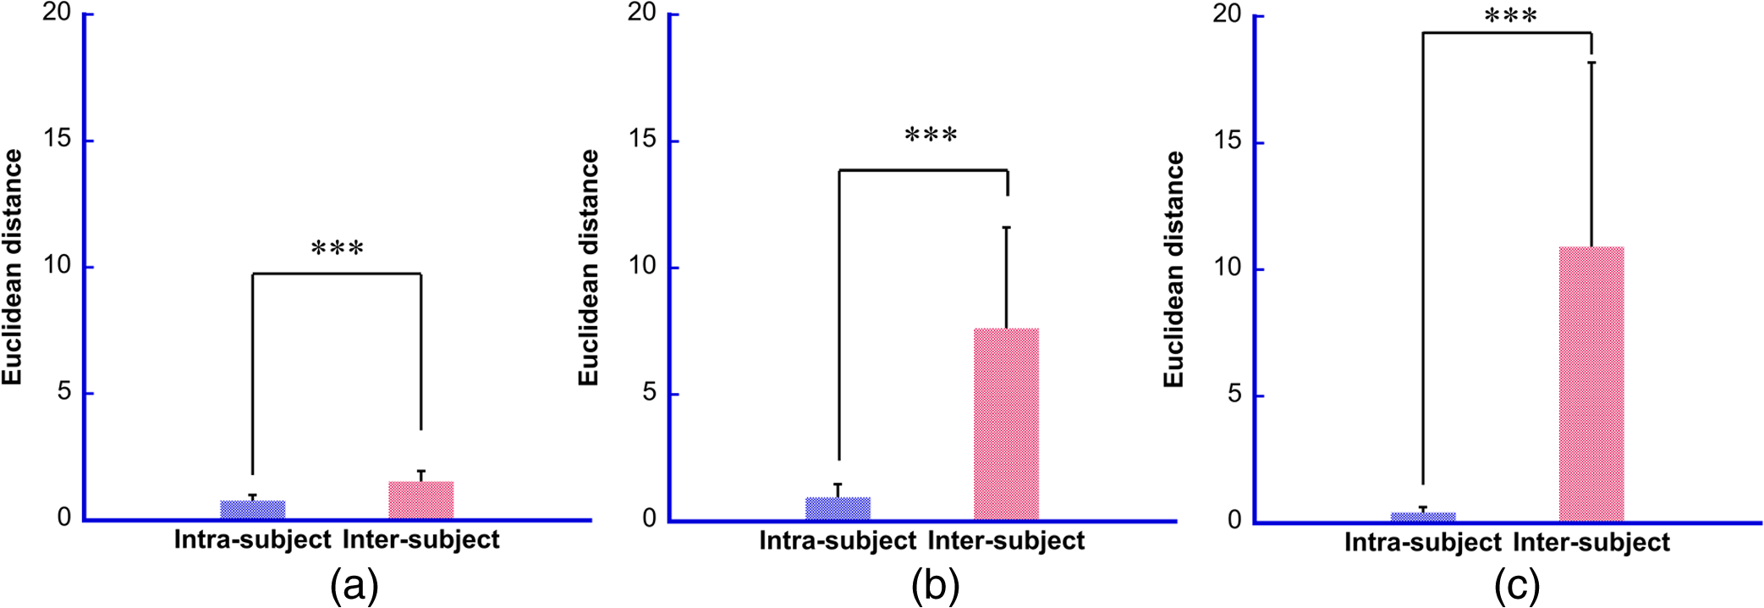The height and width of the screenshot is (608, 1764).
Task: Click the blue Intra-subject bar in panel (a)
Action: click(x=253, y=510)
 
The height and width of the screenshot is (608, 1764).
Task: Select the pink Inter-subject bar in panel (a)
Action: click(x=421, y=500)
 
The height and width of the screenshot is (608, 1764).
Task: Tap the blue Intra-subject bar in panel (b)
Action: click(x=838, y=508)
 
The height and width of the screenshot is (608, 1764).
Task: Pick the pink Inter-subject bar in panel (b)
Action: click(x=1006, y=423)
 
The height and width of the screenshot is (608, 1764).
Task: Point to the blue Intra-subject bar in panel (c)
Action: click(x=1423, y=517)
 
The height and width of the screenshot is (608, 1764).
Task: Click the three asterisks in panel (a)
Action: click(x=338, y=249)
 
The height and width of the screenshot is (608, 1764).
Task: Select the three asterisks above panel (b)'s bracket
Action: click(x=931, y=135)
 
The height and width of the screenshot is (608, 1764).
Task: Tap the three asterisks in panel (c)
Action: click(x=1511, y=16)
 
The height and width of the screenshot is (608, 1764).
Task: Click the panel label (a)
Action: click(x=354, y=586)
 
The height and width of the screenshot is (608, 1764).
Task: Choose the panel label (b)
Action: click(x=935, y=586)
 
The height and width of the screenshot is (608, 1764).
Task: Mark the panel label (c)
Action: click(x=1517, y=586)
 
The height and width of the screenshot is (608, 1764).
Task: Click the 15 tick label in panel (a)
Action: click(x=58, y=138)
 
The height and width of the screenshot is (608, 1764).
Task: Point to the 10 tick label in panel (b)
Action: click(x=642, y=265)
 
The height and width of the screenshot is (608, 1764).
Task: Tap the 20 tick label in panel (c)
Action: click(x=1227, y=14)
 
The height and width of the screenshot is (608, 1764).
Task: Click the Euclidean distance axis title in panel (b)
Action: click(x=589, y=268)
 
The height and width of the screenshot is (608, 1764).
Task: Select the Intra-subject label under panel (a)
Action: click(x=252, y=539)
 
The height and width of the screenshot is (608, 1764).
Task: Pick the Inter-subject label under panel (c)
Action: click(x=1591, y=542)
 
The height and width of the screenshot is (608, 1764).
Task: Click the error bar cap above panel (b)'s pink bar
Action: click(x=1007, y=227)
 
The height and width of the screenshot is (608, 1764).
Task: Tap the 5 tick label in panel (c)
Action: click(x=1234, y=394)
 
